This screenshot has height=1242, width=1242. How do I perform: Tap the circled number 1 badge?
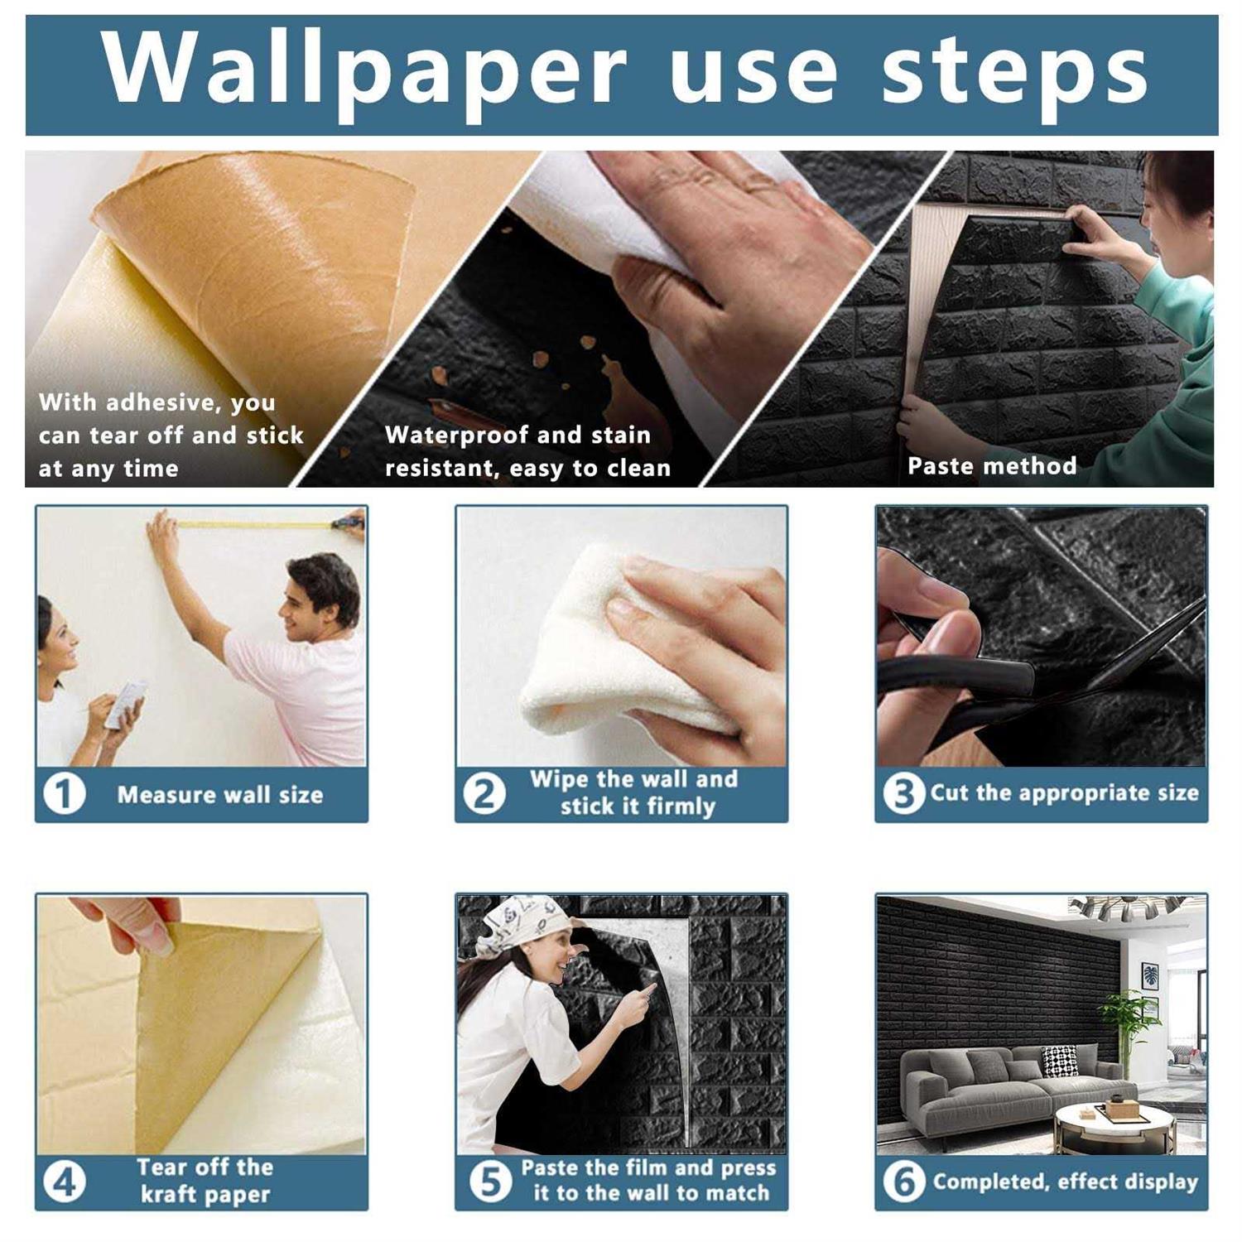pyautogui.click(x=64, y=795)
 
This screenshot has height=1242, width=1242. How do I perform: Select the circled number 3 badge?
pyautogui.click(x=903, y=793)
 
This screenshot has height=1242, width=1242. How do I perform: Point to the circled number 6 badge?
pyautogui.click(x=903, y=1182)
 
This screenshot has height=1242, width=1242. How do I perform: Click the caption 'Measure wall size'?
pyautogui.click(x=219, y=795)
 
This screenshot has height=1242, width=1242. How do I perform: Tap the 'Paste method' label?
pyautogui.click(x=991, y=466)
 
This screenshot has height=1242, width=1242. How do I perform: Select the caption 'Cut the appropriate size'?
pyautogui.click(x=1064, y=793)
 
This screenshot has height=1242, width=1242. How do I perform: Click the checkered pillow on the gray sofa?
pyautogui.click(x=1060, y=1060)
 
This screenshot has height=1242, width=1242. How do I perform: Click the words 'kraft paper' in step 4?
pyautogui.click(x=205, y=1195)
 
